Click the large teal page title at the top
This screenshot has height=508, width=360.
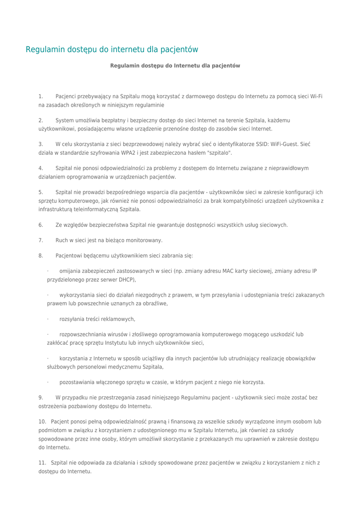(x=112, y=50)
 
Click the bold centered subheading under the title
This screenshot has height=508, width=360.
(x=175, y=65)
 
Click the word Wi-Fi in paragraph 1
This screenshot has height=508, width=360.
(x=316, y=96)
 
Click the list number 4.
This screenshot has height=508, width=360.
(x=41, y=168)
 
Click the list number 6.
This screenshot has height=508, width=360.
(x=41, y=225)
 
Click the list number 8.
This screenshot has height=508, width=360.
(x=41, y=255)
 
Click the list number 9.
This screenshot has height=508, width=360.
(x=41, y=397)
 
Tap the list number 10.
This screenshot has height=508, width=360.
(x=42, y=422)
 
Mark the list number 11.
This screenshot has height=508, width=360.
(x=42, y=463)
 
